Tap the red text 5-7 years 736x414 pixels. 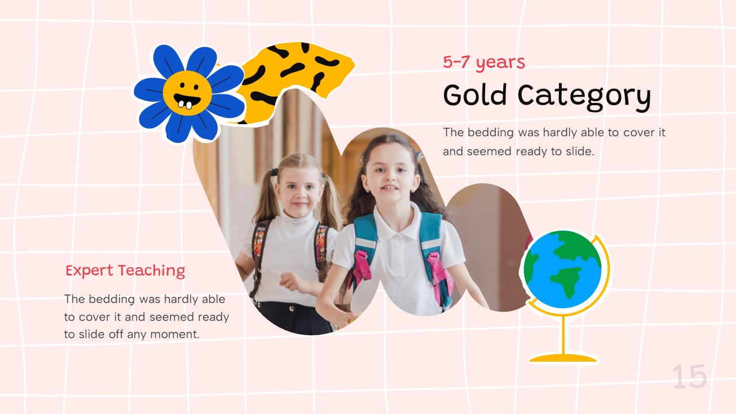tap(484, 62)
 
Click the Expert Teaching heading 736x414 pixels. tap(125, 270)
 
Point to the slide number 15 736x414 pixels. tap(689, 377)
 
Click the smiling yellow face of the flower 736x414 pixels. tap(187, 93)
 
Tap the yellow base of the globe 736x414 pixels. tap(563, 358)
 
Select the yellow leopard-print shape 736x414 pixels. tap(299, 69)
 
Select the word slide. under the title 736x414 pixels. tap(577, 152)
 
